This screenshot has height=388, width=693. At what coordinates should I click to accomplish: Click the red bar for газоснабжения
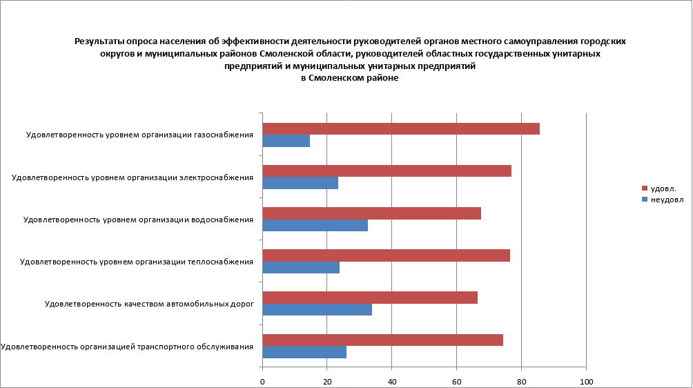(x=401, y=129)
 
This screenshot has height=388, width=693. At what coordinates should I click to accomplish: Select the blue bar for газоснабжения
(x=286, y=141)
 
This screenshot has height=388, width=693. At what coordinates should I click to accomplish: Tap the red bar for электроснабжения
(x=387, y=171)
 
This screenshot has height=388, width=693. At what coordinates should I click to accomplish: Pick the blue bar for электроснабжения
(x=300, y=183)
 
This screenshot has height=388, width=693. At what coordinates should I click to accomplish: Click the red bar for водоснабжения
(x=372, y=213)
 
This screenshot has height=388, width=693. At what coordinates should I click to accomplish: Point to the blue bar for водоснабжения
(x=315, y=225)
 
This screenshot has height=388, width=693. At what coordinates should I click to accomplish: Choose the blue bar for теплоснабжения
(x=301, y=267)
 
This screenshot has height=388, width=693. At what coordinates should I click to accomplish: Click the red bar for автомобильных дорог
(x=370, y=298)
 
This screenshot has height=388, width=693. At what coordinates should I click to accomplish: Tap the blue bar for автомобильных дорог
(x=318, y=309)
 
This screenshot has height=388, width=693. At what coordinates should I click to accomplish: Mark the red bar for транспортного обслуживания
(x=383, y=340)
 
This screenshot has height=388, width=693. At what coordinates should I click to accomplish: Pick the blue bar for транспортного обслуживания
(x=304, y=351)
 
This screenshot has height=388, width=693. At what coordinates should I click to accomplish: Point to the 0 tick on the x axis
(x=263, y=381)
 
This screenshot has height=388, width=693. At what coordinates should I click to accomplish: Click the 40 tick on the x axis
(x=392, y=381)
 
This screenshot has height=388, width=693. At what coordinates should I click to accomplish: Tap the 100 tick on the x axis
(x=586, y=381)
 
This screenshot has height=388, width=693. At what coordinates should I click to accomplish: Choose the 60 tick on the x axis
(x=456, y=381)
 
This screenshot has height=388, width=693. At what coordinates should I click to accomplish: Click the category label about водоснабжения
(x=138, y=220)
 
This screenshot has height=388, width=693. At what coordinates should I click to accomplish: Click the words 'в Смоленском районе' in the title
(x=350, y=78)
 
